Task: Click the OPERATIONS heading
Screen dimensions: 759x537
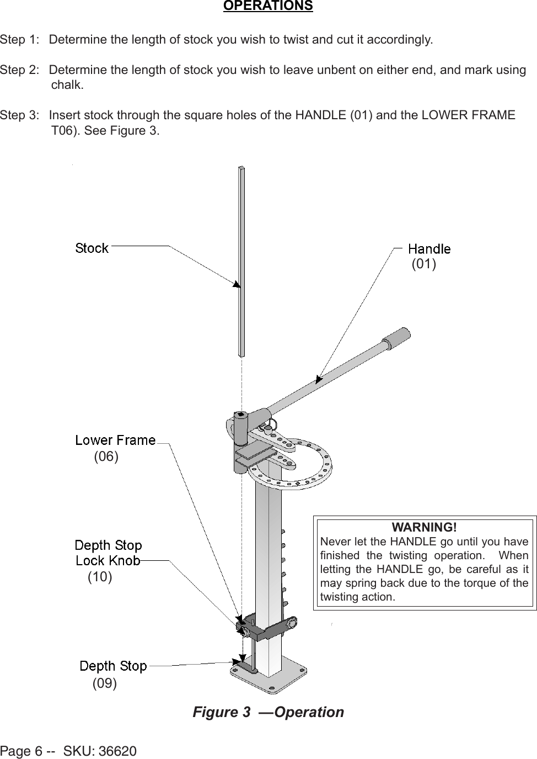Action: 268,6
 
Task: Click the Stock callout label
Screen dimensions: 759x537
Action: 92,248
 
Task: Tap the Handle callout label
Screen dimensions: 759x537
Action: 429,249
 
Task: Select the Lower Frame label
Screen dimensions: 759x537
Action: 115,440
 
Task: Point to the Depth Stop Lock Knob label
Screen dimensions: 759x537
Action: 109,553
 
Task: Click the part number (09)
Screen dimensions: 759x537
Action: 104,683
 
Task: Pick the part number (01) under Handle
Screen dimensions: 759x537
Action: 424,264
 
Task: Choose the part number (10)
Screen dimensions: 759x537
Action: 100,577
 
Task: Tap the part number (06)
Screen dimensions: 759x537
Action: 106,457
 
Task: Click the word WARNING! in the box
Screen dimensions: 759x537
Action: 424,527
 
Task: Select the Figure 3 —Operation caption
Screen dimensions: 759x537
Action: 268,712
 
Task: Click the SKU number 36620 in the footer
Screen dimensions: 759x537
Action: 117,751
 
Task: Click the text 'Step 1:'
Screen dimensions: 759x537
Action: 20,40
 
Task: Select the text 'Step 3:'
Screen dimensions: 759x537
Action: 20,115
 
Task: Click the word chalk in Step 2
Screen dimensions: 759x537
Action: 67,85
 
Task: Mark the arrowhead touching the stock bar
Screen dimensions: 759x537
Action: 237,284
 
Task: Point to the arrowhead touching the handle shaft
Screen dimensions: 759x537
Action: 318,379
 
